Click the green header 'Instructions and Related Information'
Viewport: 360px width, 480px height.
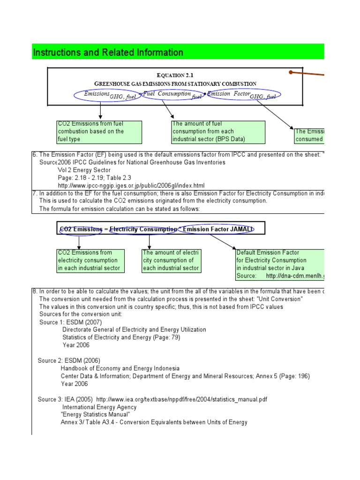(x=108, y=52)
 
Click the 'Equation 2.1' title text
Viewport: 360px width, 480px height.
(x=175, y=75)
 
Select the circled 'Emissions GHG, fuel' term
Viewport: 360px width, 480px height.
(x=107, y=95)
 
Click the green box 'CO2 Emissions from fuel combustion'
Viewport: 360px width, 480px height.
(x=99, y=132)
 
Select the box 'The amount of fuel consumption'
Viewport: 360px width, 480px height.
(x=218, y=132)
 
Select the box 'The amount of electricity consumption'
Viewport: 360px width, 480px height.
(x=171, y=261)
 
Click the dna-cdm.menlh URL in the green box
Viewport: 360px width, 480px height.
(x=295, y=276)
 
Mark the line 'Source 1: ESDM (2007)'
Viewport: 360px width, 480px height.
(x=70, y=322)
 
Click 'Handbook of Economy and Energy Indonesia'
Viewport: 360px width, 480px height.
(x=120, y=368)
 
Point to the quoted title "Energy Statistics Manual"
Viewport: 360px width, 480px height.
(x=96, y=414)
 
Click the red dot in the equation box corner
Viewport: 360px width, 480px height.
(x=291, y=72)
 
